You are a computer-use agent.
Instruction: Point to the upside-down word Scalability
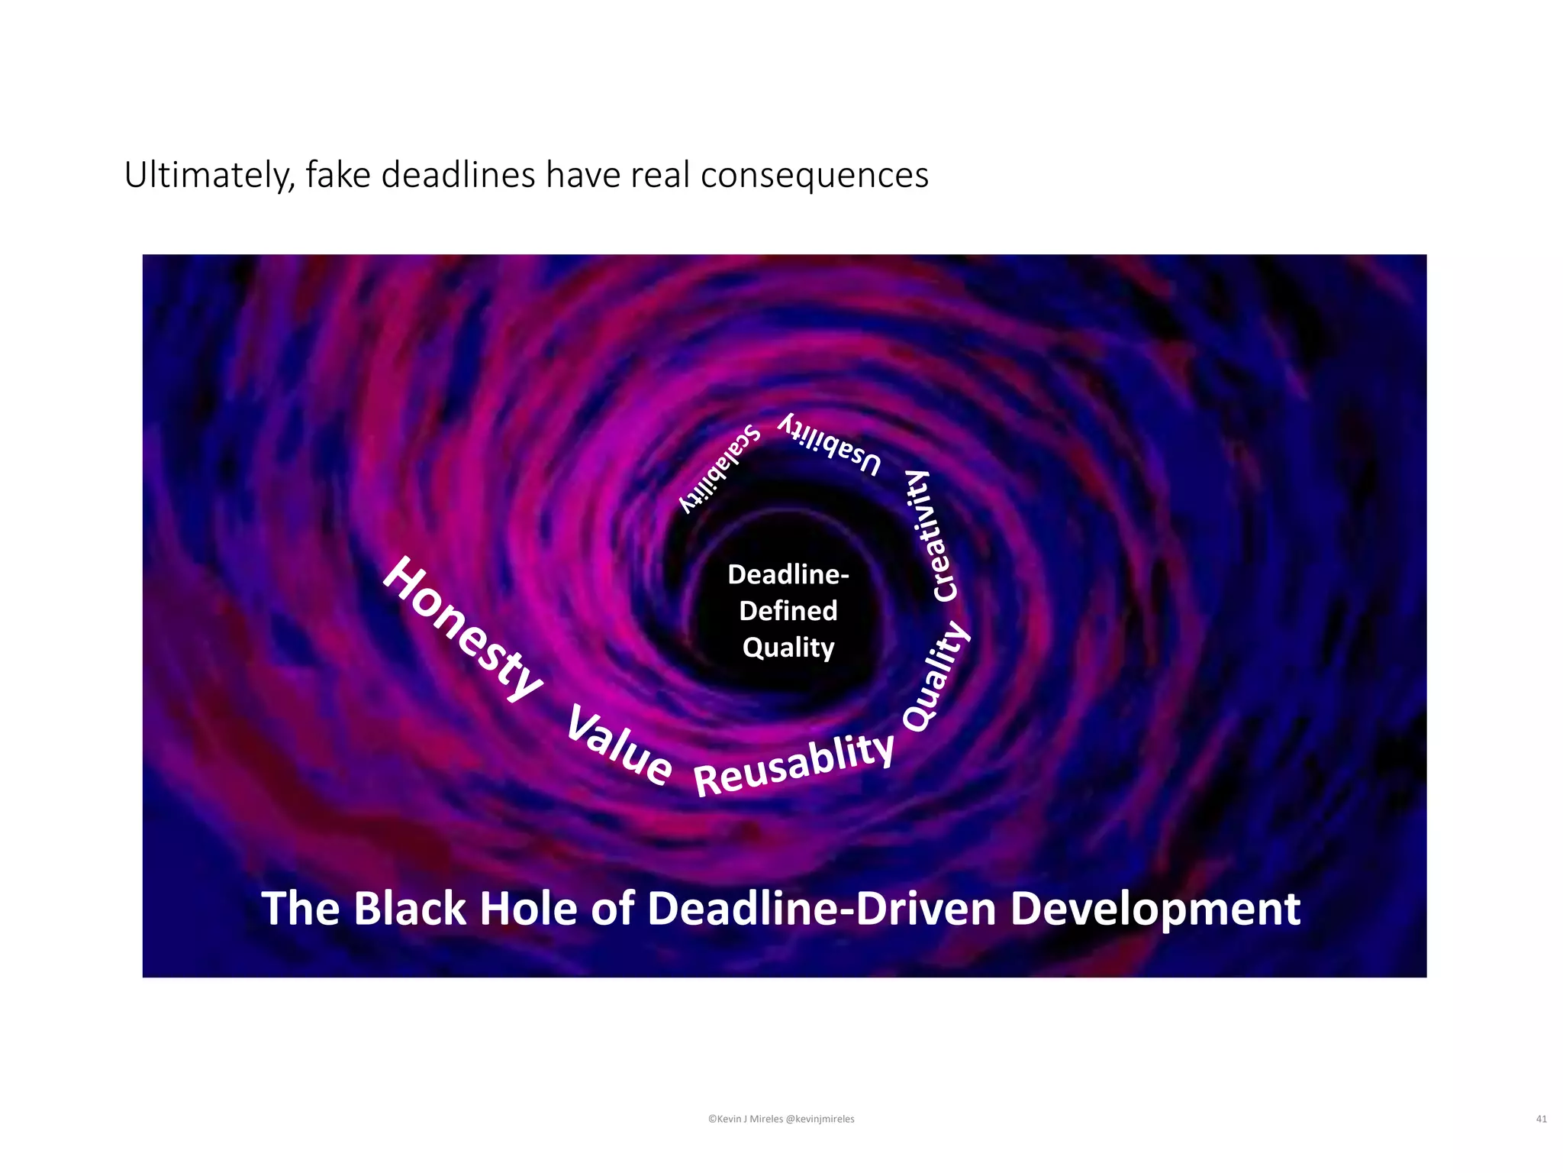click(x=720, y=467)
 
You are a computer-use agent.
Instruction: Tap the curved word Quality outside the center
click(x=936, y=677)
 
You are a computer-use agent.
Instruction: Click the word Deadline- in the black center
click(x=788, y=574)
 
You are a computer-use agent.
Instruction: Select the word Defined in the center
click(x=788, y=611)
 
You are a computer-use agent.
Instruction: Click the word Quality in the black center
click(x=788, y=648)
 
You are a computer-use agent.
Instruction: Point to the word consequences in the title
click(x=814, y=175)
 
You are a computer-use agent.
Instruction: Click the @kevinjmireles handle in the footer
click(x=820, y=1119)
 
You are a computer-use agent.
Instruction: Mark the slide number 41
click(x=1541, y=1119)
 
